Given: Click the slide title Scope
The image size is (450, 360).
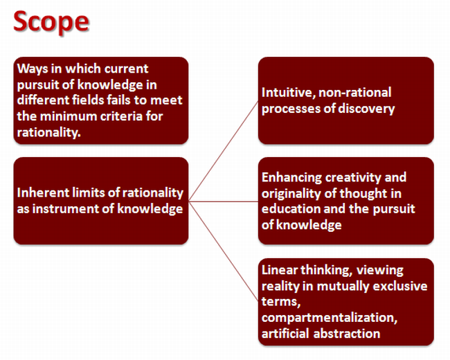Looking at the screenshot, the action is [51, 22].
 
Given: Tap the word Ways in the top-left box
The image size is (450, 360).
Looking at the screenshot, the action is [33, 69].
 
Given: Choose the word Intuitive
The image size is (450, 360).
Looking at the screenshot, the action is [288, 93].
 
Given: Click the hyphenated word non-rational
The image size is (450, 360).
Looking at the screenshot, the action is [354, 93].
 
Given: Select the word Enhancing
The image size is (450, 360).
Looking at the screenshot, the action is [291, 178].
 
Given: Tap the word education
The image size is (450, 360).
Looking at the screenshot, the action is [291, 208].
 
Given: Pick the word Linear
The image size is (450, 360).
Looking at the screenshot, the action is [279, 270].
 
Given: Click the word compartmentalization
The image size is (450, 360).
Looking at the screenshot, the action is [330, 318].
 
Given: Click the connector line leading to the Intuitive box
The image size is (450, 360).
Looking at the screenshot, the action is [224, 151].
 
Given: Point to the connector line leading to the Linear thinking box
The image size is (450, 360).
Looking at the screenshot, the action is [224, 252].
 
